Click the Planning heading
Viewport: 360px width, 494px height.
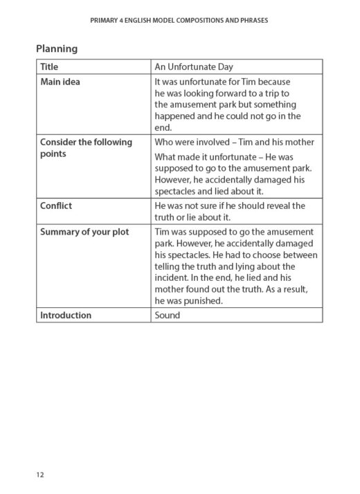pyautogui.click(x=57, y=49)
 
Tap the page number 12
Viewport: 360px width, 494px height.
pyautogui.click(x=41, y=475)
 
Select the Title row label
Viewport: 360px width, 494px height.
pyautogui.click(x=49, y=67)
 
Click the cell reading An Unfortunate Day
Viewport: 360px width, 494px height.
pyautogui.click(x=194, y=67)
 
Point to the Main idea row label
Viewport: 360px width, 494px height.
pyautogui.click(x=60, y=82)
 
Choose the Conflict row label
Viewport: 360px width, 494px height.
pyautogui.click(x=56, y=205)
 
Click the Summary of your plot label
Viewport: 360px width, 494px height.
pyautogui.click(x=84, y=231)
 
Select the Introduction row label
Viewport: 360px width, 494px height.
pyautogui.click(x=66, y=315)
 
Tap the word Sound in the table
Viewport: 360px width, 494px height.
pyautogui.click(x=167, y=315)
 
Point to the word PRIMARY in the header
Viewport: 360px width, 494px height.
pyautogui.click(x=105, y=20)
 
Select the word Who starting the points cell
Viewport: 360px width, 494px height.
pyautogui.click(x=164, y=142)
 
